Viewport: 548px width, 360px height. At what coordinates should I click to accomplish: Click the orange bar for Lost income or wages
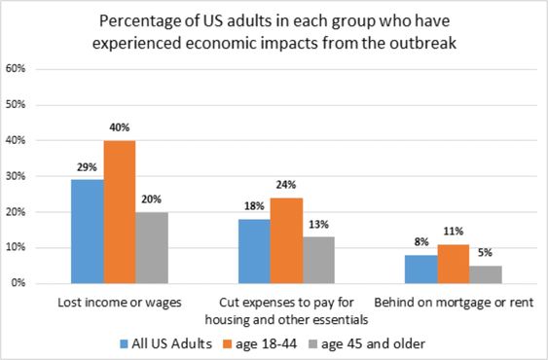[120, 212]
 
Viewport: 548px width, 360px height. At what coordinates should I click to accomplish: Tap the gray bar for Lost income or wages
[151, 247]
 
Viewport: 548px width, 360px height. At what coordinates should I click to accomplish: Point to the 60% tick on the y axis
[16, 69]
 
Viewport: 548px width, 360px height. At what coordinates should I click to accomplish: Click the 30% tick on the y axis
[16, 176]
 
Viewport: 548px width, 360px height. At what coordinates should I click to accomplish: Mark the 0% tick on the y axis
[18, 284]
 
